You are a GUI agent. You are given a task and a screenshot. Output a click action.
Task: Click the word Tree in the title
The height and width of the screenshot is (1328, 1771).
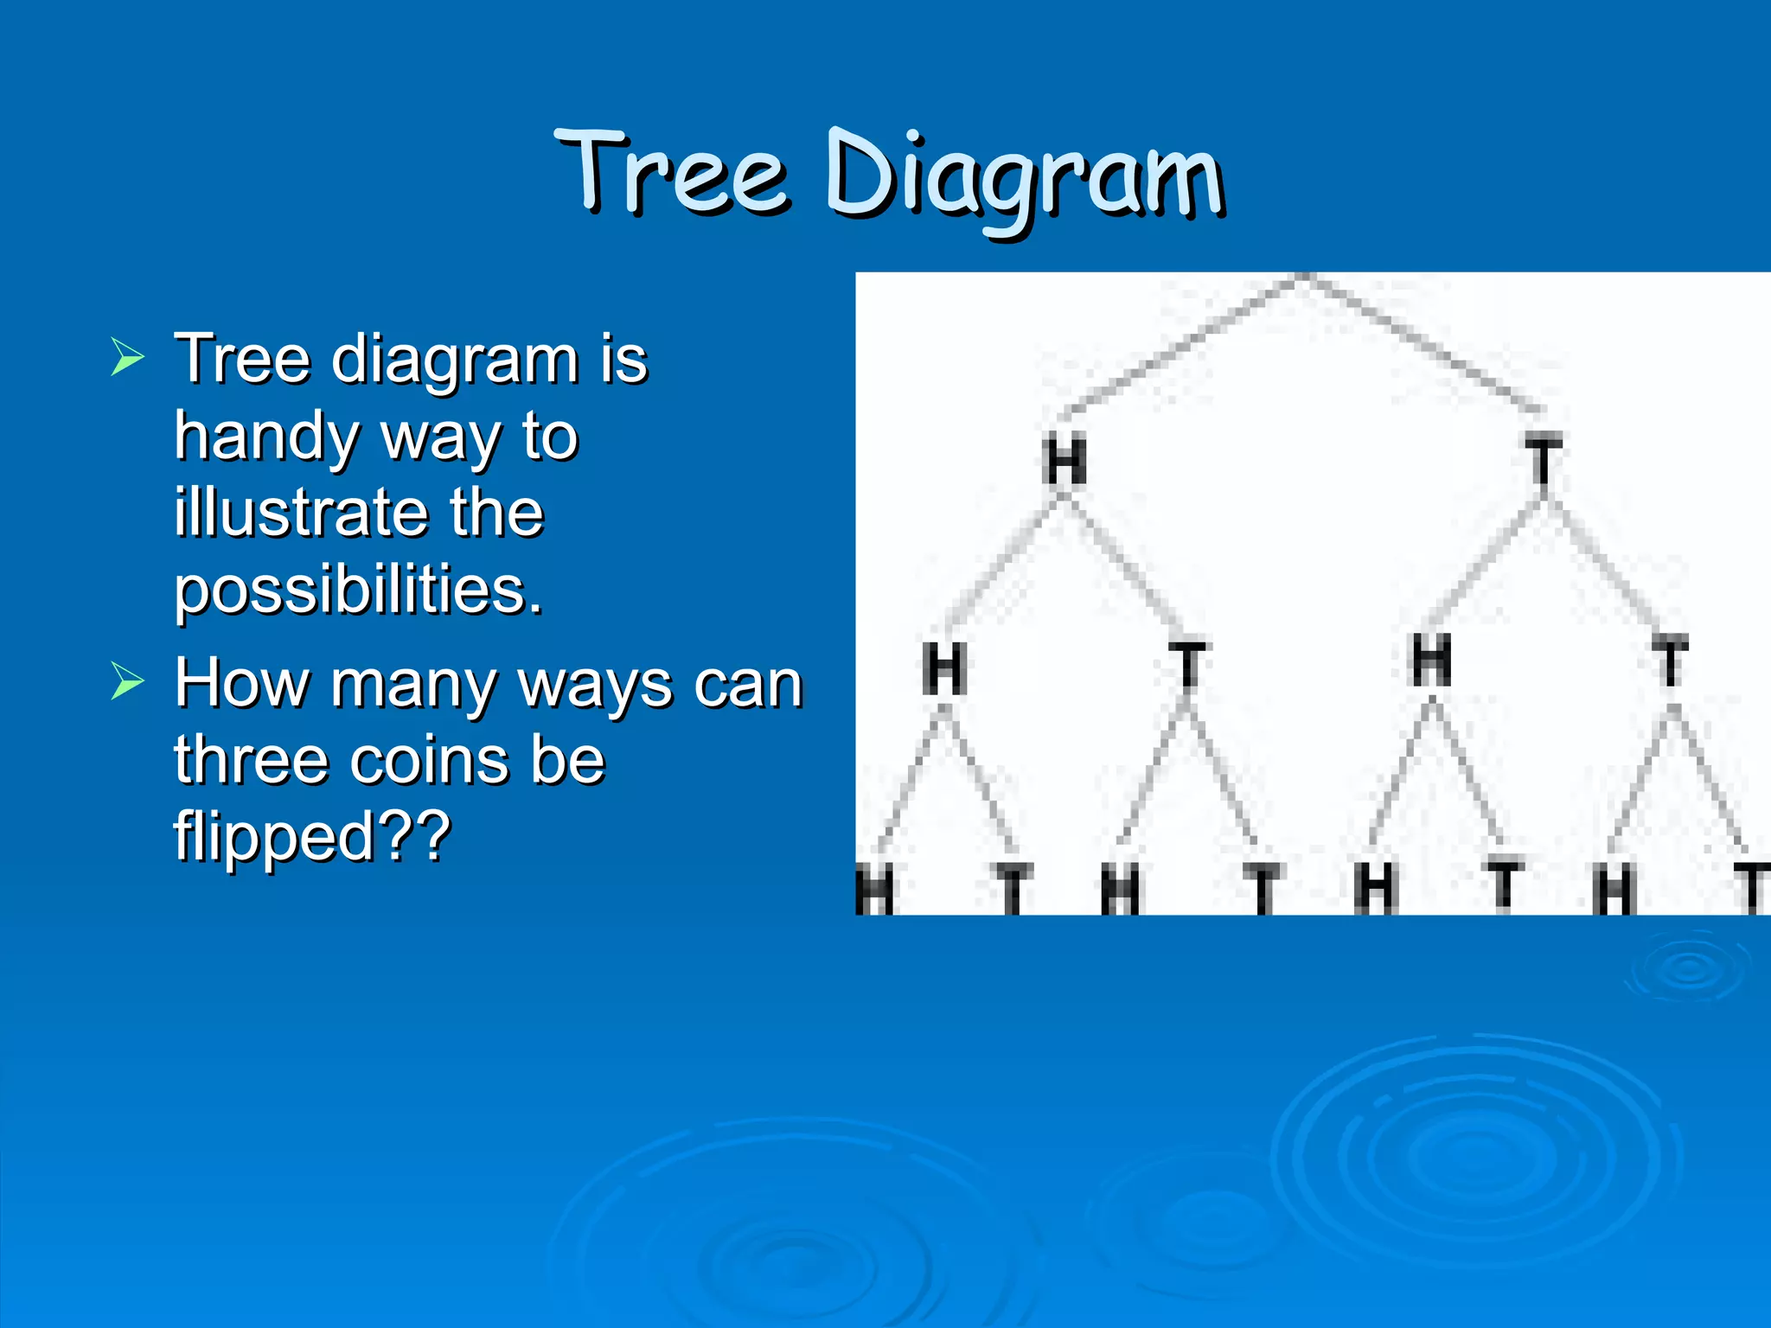pyautogui.click(x=673, y=173)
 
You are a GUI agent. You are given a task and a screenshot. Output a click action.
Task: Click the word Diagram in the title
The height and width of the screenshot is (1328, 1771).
pyautogui.click(x=1024, y=177)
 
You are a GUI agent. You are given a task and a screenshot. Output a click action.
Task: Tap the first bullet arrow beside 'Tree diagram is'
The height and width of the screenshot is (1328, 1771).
pyautogui.click(x=127, y=357)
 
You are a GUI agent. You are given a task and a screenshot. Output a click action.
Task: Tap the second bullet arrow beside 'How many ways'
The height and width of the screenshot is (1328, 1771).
pyautogui.click(x=127, y=681)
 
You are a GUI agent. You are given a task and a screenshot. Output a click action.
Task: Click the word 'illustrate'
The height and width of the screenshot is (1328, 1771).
pyautogui.click(x=298, y=513)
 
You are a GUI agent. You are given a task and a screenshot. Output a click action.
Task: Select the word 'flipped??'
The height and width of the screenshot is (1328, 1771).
pyautogui.click(x=311, y=836)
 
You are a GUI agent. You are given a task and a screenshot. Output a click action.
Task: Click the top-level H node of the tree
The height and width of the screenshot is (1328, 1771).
pyautogui.click(x=1065, y=462)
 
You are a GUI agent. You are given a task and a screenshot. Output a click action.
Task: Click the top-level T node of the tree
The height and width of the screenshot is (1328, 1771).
pyautogui.click(x=1543, y=462)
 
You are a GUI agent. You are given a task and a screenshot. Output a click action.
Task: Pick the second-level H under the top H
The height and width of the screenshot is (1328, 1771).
pyautogui.click(x=943, y=667)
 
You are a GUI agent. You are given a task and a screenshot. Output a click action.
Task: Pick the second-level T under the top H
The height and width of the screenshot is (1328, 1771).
pyautogui.click(x=1189, y=666)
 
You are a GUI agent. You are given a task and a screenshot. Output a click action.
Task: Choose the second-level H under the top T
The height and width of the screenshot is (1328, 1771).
pyautogui.click(x=1431, y=661)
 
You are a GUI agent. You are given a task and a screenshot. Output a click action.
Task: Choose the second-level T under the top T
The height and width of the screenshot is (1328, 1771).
pyautogui.click(x=1670, y=661)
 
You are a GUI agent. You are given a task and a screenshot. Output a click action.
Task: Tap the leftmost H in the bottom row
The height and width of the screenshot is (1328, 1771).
pyautogui.click(x=875, y=891)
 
